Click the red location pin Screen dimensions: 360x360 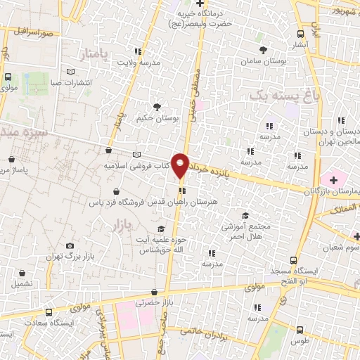point(181,165)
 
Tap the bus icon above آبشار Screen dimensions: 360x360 point(301,33)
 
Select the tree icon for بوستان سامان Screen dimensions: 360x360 point(263,50)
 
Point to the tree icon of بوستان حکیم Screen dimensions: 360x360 point(156,107)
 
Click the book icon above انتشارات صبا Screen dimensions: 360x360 point(69,72)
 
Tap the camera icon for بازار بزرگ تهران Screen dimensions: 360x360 point(70,245)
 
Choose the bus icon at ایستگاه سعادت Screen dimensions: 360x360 point(48,312)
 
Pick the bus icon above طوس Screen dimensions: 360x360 point(300,329)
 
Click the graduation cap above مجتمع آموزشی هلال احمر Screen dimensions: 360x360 point(245,215)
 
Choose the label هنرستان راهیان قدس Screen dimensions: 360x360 point(208,202)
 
